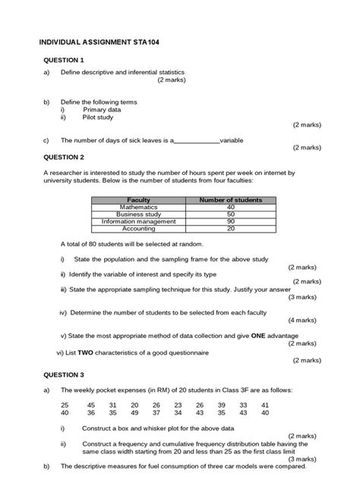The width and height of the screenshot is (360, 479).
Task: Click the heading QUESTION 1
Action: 64,59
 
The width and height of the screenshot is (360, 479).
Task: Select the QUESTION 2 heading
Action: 64,157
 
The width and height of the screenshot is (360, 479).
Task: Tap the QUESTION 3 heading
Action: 64,374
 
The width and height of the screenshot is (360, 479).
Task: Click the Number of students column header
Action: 230,199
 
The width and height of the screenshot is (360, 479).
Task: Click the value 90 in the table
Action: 230,221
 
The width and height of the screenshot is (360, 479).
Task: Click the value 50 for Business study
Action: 230,214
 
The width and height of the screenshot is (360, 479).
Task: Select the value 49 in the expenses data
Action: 134,413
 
